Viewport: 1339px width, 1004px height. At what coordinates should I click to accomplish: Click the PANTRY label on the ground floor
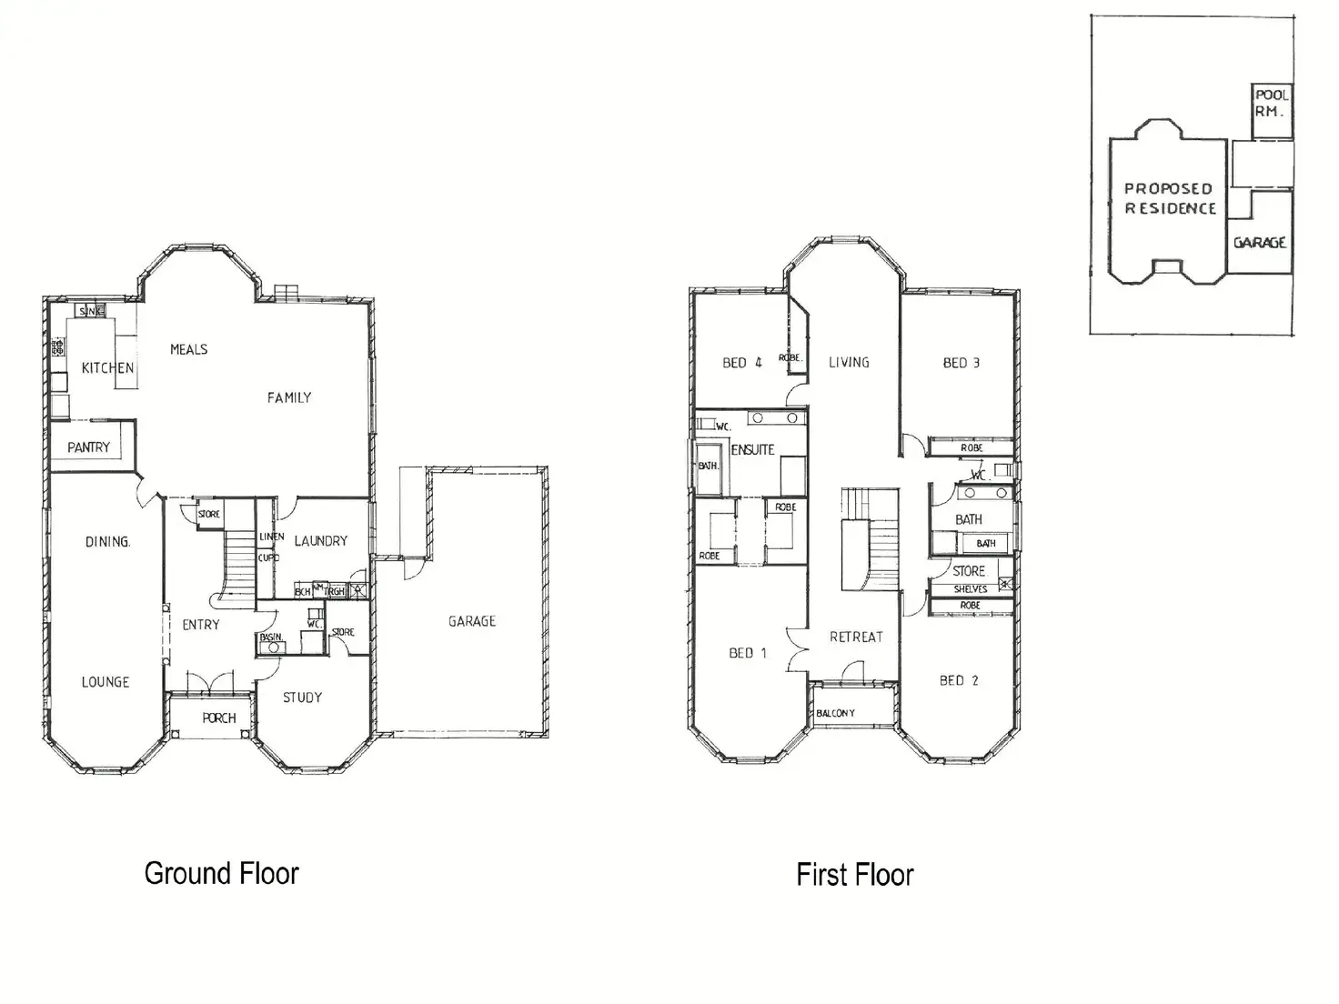point(88,447)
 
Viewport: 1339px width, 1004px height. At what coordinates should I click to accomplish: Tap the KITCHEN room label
point(107,368)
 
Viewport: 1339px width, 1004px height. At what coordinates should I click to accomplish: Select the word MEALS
point(188,349)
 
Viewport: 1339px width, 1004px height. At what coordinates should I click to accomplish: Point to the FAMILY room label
point(289,397)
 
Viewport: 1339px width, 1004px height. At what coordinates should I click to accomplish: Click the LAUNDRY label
point(320,541)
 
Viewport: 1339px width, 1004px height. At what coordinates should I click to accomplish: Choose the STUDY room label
point(302,698)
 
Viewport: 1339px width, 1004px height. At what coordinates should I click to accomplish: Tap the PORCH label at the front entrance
point(218,718)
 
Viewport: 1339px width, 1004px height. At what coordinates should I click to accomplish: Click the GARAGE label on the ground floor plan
point(471,621)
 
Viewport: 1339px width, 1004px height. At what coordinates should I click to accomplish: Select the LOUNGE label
point(105,682)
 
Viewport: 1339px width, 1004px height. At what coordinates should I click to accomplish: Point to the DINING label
point(107,542)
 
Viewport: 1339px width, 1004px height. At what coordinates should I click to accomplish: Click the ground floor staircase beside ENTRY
point(239,564)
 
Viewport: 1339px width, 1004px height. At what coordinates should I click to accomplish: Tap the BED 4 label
point(741,363)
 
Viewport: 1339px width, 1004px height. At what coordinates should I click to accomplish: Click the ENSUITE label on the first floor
point(752,449)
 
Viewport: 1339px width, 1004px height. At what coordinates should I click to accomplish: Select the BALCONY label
point(835,713)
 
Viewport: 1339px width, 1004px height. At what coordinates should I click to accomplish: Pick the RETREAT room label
point(856,637)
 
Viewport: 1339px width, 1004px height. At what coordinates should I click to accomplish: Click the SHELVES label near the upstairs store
point(970,589)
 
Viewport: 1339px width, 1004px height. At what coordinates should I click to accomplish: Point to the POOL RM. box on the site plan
point(1272,103)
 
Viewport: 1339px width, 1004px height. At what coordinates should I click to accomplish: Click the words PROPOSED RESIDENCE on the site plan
point(1170,198)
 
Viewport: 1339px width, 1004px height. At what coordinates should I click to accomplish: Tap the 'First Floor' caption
point(854,875)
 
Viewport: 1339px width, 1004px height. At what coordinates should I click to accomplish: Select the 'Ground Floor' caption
point(221,874)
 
